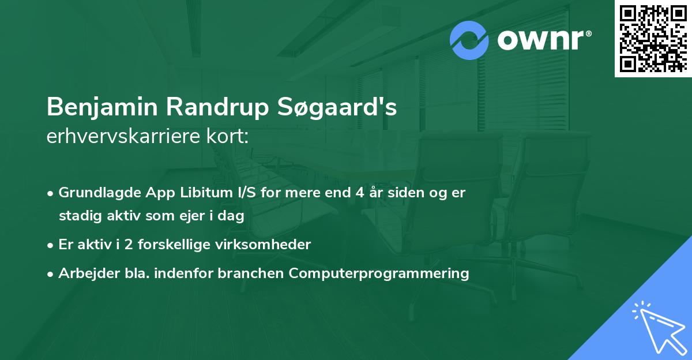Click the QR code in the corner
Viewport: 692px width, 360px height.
point(653,39)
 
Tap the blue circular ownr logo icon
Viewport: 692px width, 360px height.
point(469,40)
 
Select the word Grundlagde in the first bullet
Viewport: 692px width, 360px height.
point(95,193)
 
